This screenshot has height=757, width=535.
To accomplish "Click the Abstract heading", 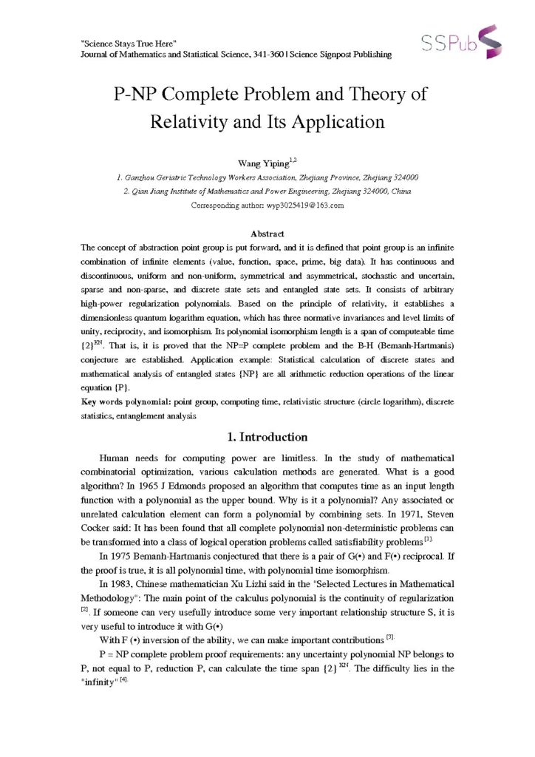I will [267, 233].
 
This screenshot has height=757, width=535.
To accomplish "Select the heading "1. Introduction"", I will [267, 436].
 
